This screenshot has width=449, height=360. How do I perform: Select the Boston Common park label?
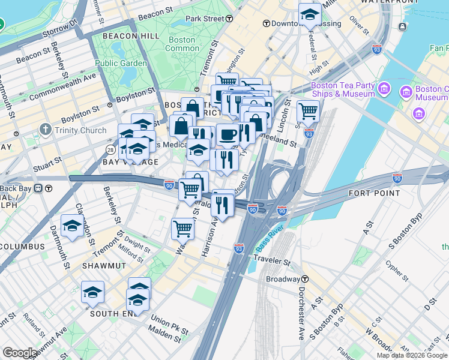coord(181,44)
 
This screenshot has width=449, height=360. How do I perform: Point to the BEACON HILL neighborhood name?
coord(131,36)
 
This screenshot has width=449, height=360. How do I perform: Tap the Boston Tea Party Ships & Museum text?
coord(343,89)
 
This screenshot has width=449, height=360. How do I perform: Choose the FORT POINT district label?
coord(374,193)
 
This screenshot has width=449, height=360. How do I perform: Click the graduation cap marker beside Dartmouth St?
coord(72,226)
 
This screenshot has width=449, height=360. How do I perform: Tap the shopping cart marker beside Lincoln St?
coord(308,111)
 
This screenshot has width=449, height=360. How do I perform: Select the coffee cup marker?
coord(228,135)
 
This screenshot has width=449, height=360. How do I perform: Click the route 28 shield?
coord(110,149)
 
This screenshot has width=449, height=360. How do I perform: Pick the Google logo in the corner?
coord(20,353)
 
